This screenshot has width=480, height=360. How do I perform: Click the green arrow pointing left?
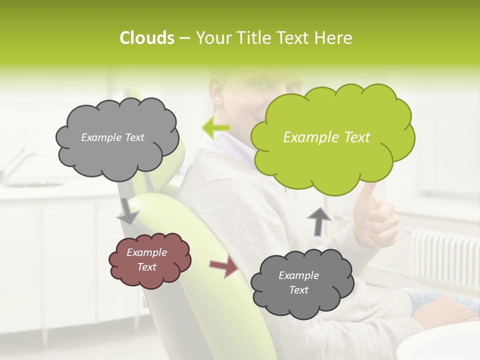point(216,128)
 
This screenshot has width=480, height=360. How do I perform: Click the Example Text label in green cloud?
point(326,137)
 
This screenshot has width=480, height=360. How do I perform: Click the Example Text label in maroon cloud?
point(147,260)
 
